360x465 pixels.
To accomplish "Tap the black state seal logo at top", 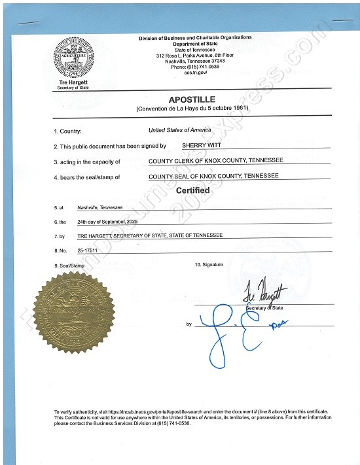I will pos(75,58).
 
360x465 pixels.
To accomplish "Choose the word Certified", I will pos(192,190).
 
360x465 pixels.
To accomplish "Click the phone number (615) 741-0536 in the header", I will pos(195,67).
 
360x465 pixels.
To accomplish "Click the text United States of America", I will pos(179,130).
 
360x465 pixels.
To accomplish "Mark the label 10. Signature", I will pos(209,264).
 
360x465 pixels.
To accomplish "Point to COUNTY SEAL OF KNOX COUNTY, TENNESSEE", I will pos(213,175).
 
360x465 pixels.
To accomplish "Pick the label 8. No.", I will pos(62,250).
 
